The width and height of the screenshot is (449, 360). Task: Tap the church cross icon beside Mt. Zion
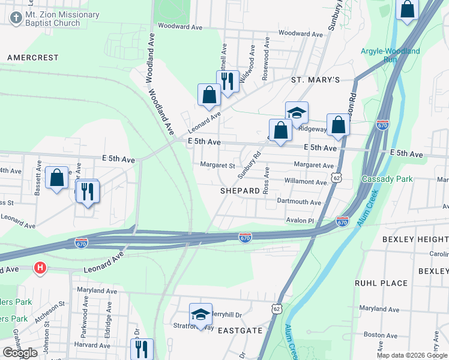[14, 19]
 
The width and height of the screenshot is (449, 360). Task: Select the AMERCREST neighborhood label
[32, 58]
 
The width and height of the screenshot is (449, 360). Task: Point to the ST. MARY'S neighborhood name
[315, 80]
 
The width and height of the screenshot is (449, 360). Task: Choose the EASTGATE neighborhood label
[240, 331]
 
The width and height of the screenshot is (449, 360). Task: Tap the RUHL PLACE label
[381, 283]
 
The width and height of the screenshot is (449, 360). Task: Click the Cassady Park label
[387, 179]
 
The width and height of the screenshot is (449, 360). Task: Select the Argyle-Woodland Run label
[390, 55]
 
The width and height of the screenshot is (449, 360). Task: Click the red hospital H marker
[40, 268]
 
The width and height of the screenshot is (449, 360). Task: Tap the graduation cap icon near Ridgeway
[297, 112]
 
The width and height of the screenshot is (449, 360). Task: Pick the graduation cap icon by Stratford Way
[200, 314]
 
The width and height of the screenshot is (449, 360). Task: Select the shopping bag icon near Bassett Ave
[56, 178]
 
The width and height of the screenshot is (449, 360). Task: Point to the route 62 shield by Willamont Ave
[337, 178]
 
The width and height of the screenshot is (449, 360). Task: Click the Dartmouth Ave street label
[299, 202]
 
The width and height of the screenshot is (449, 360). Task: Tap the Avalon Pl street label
[300, 220]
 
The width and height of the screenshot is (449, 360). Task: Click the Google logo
[20, 353]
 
